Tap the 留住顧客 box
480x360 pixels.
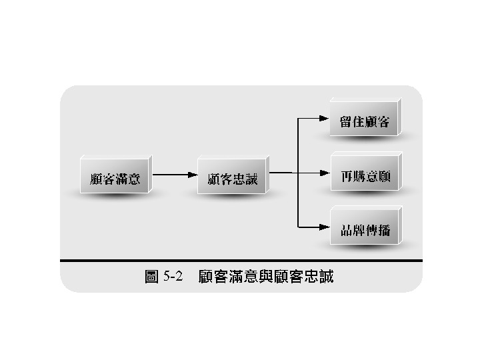[x=365, y=122]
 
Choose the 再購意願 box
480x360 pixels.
[x=365, y=177]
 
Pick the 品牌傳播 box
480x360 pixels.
[x=365, y=230]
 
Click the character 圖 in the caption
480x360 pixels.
[x=151, y=276]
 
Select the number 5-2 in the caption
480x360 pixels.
[x=173, y=276]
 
